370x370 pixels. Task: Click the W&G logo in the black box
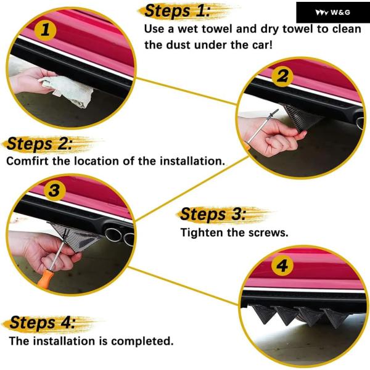click(333, 12)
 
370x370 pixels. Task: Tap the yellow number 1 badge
click(45, 30)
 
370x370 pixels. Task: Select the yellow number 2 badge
click(282, 76)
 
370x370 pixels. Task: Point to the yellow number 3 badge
click(55, 190)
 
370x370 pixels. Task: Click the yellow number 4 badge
click(282, 265)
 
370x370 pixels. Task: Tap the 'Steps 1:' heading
click(177, 11)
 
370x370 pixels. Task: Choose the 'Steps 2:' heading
click(39, 144)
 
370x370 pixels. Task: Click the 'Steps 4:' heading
click(43, 323)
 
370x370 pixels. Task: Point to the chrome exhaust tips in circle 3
click(120, 236)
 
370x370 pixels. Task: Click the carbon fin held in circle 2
click(299, 117)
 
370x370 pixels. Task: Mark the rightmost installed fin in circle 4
click(335, 318)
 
